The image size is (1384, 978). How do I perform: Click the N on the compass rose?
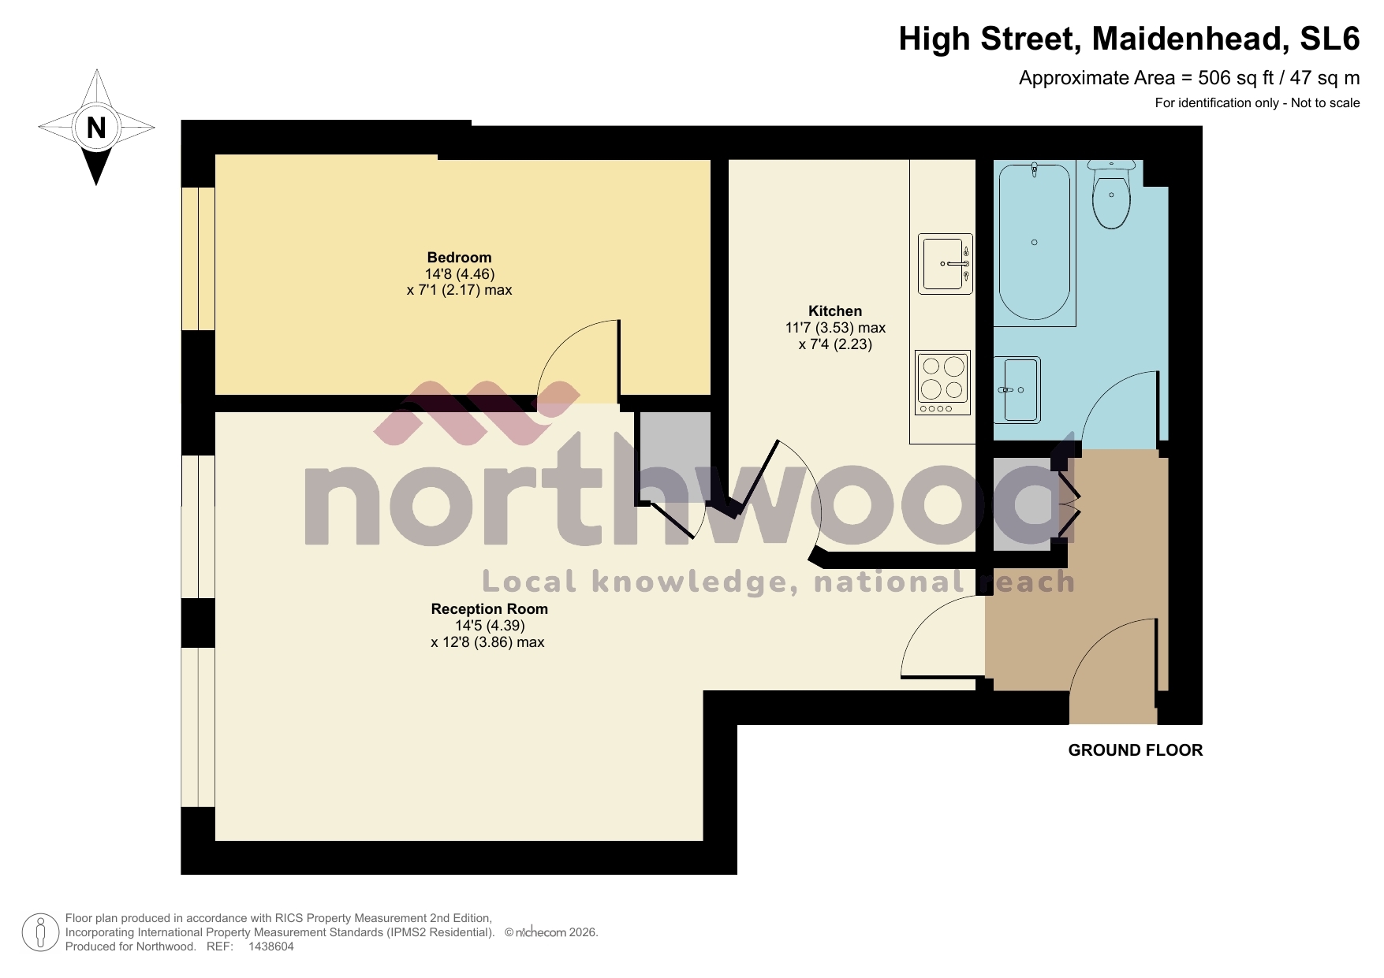96,127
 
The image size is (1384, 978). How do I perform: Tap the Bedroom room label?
459,258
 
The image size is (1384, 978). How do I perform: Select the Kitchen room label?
834,311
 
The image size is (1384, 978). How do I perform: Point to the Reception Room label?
489,609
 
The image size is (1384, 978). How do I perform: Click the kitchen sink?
945,263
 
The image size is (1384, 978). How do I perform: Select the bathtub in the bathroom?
1035,243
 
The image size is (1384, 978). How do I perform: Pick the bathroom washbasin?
1018,389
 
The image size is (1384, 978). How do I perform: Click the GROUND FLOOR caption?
1135,750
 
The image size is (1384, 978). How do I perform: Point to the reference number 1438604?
270,946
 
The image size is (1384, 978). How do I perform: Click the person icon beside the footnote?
39,932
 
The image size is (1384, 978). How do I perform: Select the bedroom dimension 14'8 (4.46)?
459,274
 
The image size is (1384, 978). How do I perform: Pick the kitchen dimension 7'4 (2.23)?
834,344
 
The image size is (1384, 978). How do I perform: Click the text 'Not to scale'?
1325,102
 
